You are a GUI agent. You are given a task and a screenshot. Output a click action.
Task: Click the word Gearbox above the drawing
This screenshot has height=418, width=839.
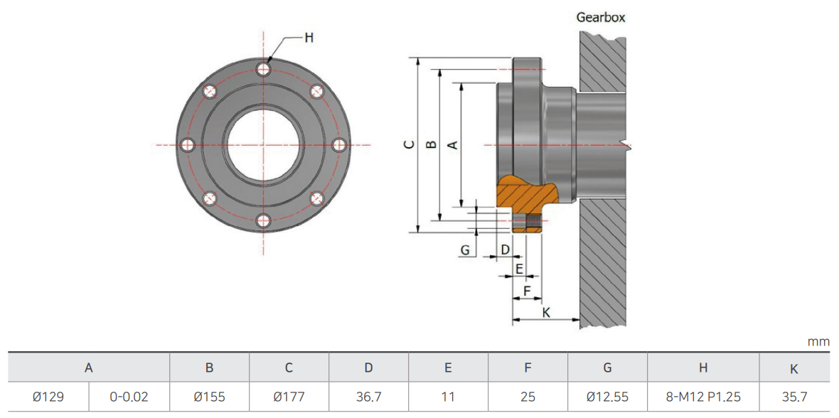600,16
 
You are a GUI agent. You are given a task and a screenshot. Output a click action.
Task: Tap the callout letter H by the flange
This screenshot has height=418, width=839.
309,38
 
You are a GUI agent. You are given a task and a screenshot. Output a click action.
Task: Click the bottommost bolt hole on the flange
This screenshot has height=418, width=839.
263,221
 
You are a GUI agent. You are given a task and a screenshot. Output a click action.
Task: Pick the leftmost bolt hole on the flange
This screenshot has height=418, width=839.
187,144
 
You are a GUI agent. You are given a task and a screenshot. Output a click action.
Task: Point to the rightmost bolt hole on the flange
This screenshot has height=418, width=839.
339,144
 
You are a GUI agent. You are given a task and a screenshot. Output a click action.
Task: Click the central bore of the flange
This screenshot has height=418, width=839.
263,144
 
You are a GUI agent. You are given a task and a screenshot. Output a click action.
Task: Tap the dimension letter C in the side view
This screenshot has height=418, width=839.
410,144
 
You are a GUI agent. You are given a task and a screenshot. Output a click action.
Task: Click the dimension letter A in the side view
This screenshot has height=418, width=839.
452,144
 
